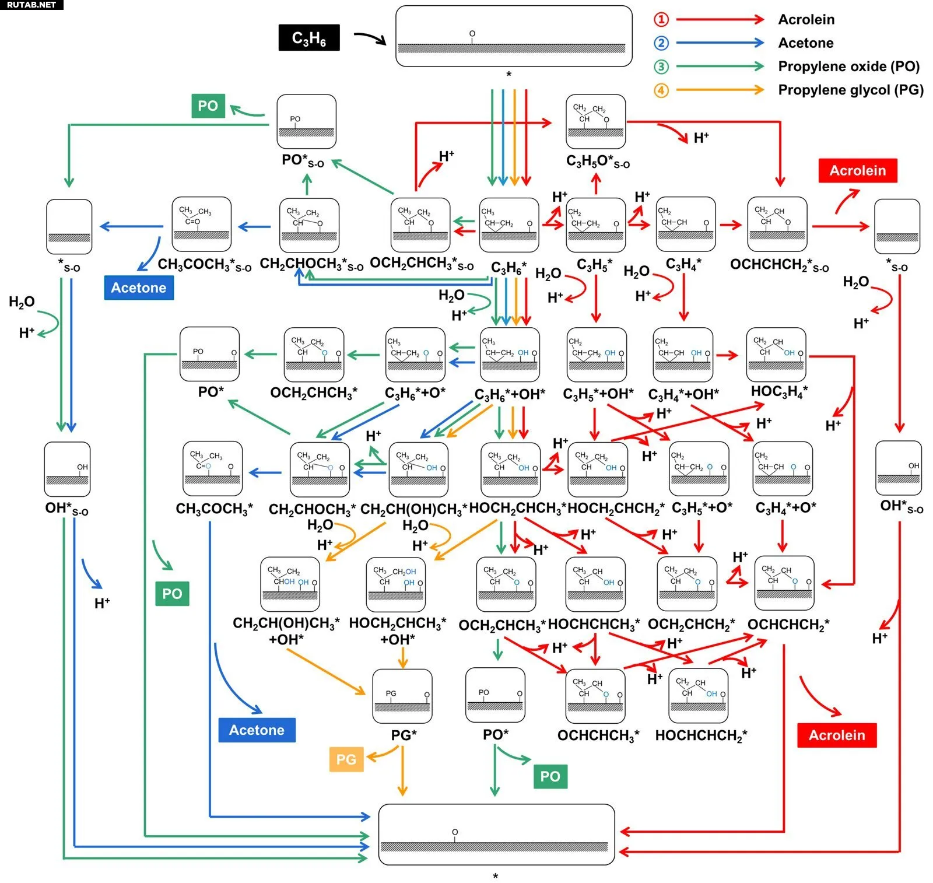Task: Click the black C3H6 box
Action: (x=309, y=38)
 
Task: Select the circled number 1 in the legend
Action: (x=661, y=20)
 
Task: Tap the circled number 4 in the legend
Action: (x=661, y=90)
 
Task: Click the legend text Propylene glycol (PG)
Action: (x=851, y=90)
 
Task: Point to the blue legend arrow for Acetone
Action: (x=720, y=43)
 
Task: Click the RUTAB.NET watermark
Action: (x=31, y=5)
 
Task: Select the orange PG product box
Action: (x=346, y=759)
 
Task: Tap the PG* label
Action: (x=404, y=735)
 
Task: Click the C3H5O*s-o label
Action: (x=598, y=162)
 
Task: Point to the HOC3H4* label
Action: (x=779, y=391)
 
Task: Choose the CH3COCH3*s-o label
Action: (x=205, y=265)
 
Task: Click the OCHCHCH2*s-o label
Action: (x=779, y=265)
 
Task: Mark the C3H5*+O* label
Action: (x=702, y=508)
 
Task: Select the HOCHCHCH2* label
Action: (x=701, y=736)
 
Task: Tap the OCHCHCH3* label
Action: (x=598, y=736)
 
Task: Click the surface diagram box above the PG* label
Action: (x=402, y=696)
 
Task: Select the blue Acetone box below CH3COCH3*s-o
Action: (x=139, y=288)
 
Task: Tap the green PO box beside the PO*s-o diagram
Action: (x=208, y=106)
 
